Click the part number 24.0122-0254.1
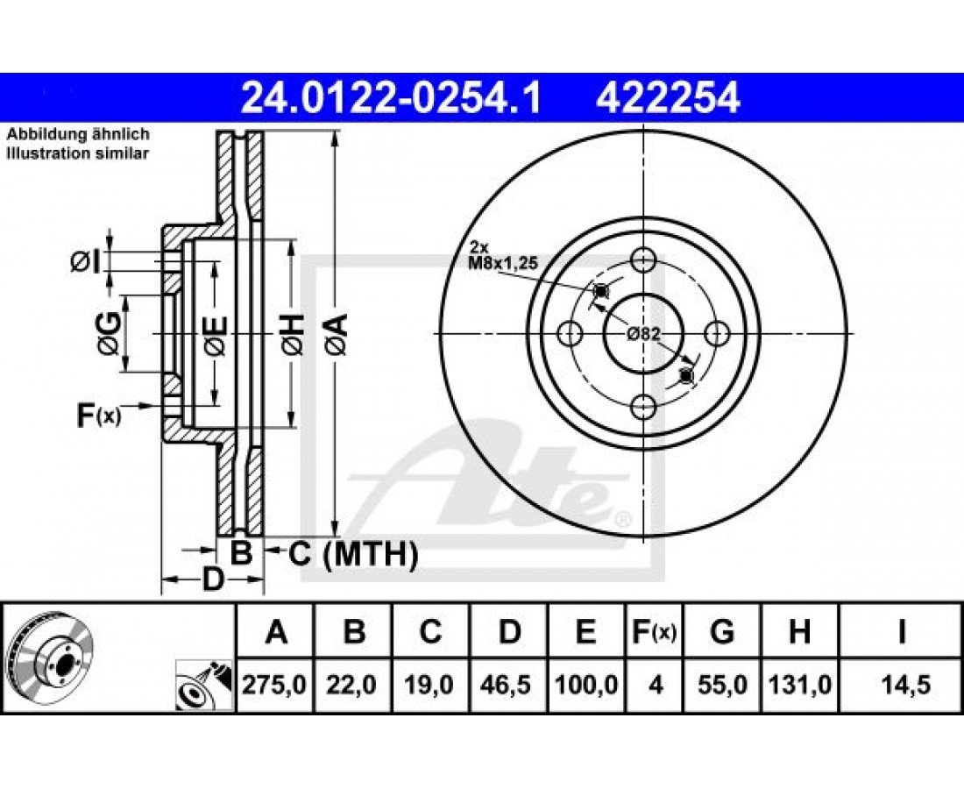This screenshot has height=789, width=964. click(390, 98)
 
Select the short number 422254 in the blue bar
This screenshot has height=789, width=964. click(668, 98)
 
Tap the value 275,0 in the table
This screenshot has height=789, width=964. click(274, 685)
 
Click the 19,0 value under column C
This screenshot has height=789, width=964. click(429, 685)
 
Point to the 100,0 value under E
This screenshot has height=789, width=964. click(586, 685)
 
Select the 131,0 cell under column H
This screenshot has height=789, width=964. click(799, 685)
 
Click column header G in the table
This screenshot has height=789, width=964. click(722, 631)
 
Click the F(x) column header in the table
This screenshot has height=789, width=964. click(654, 632)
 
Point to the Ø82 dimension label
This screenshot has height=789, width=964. click(643, 335)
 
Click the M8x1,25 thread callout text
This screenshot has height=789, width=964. click(504, 263)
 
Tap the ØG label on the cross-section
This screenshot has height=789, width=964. click(108, 335)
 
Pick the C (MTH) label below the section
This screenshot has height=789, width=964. click(353, 554)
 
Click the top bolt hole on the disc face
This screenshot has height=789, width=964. click(643, 259)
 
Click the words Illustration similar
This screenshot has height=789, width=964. click(77, 153)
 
